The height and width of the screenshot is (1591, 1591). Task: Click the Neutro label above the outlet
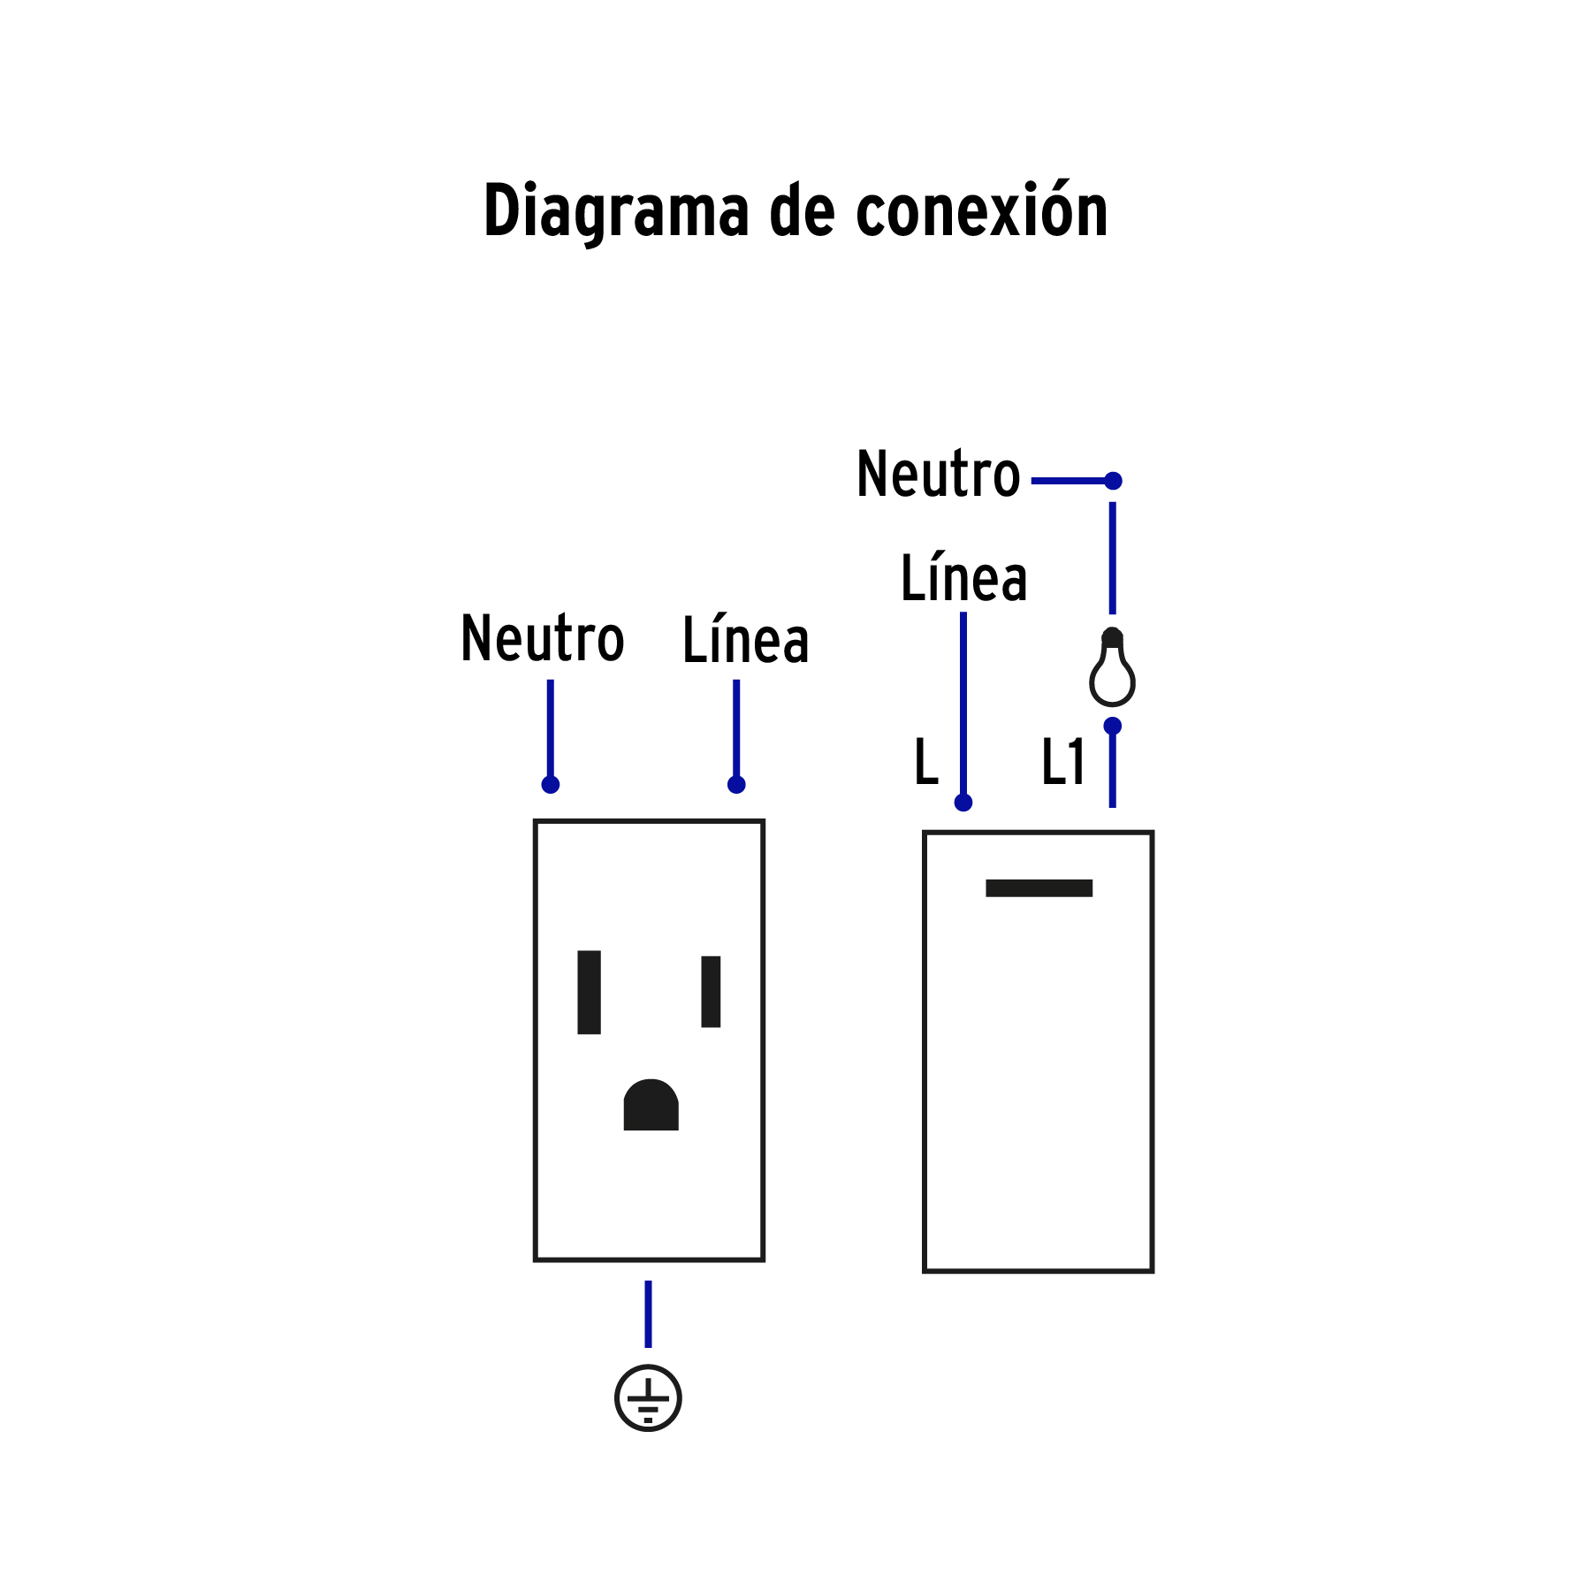[x=542, y=639]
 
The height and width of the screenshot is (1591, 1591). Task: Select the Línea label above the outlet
[x=745, y=640]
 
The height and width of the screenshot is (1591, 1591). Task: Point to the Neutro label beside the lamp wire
[x=938, y=475]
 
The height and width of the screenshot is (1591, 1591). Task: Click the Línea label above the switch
[x=963, y=579]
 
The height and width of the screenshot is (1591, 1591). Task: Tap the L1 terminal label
[x=1062, y=762]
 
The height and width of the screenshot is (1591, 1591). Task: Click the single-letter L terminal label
[x=925, y=762]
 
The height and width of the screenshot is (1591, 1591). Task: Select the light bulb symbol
[x=1112, y=669]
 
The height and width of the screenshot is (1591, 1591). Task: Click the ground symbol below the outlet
[x=648, y=1398]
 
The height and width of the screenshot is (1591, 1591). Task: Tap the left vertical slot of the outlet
[x=589, y=992]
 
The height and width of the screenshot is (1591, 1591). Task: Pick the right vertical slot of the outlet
[x=711, y=992]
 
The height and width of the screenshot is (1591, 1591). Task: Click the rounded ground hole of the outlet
[x=651, y=1106]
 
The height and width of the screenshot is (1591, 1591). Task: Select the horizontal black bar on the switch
[x=1039, y=888]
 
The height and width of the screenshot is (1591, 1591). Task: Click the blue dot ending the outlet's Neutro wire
[x=550, y=784]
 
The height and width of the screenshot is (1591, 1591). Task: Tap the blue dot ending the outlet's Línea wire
[x=736, y=784]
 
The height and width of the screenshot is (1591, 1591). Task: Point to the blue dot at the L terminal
[x=963, y=803]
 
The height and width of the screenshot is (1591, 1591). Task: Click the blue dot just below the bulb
[x=1113, y=726]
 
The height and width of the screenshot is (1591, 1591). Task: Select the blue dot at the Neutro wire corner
[x=1113, y=481]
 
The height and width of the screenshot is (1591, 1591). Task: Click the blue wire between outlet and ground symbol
[x=648, y=1313]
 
